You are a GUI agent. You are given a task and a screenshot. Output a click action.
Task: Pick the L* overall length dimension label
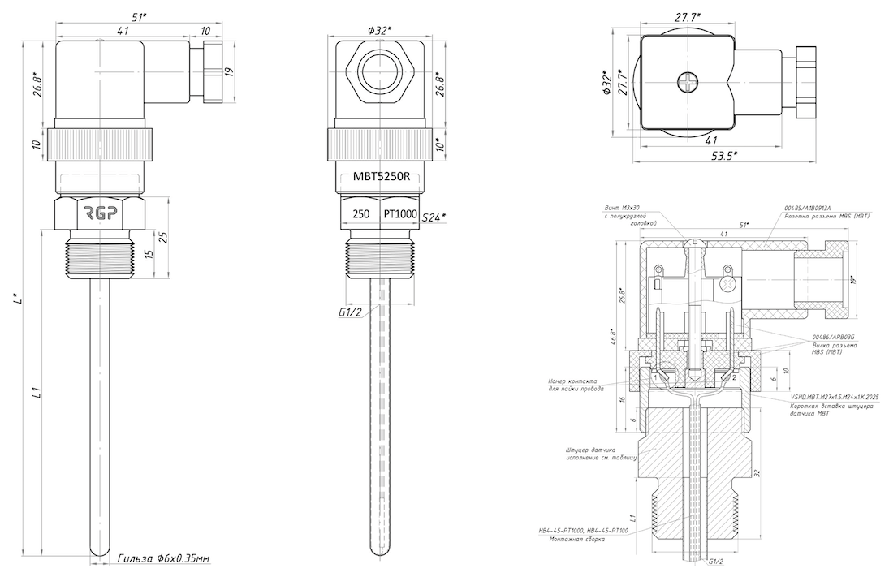click(x=24, y=301)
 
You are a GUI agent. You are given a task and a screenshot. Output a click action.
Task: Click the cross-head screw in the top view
click(x=687, y=82)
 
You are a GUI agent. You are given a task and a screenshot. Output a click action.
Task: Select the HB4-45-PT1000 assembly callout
click(x=585, y=530)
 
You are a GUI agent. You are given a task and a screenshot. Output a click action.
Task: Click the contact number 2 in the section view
click(x=733, y=378)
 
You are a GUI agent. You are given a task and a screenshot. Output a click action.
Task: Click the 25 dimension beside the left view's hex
click(x=163, y=237)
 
